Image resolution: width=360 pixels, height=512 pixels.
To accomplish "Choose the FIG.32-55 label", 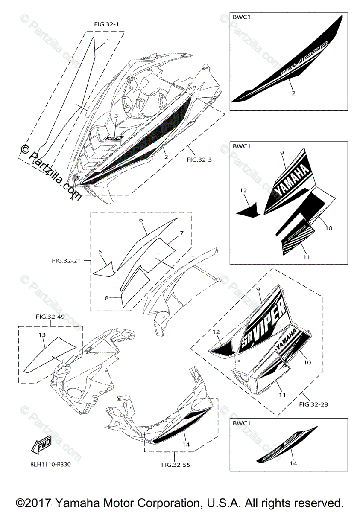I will click(176, 465).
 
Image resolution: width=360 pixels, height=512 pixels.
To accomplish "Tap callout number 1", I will click(108, 41).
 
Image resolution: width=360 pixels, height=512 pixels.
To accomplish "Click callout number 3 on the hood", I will click(116, 116).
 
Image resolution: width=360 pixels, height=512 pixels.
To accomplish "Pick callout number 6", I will click(140, 219).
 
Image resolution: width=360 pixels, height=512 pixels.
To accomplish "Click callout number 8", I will click(107, 298).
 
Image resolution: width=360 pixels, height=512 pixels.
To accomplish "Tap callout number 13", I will click(43, 335).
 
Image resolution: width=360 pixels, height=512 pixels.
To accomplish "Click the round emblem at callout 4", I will click(76, 178).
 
